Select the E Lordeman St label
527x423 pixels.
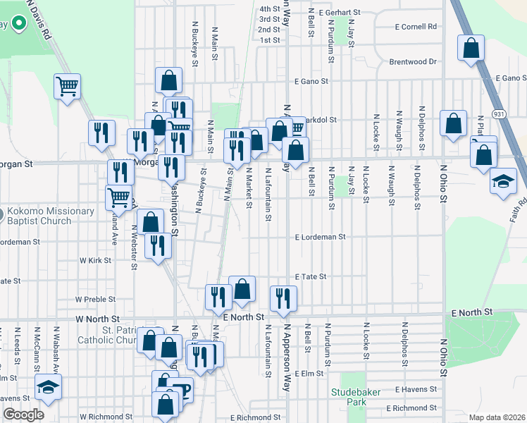pyautogui.click(x=321, y=238)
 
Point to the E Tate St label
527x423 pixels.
pyautogui.click(x=311, y=277)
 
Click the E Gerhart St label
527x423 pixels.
pyautogui.click(x=339, y=13)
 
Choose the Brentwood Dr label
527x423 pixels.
pyautogui.click(x=413, y=62)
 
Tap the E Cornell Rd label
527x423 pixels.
pyautogui.click(x=416, y=27)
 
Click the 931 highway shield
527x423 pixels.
pyautogui.click(x=498, y=114)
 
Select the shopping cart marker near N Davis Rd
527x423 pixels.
pyautogui.click(x=68, y=87)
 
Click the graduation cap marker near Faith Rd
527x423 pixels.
pyautogui.click(x=504, y=181)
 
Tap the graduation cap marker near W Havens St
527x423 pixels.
pyautogui.click(x=49, y=387)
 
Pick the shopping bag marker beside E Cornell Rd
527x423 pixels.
pyautogui.click(x=471, y=49)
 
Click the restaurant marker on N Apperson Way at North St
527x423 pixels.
pyautogui.click(x=283, y=298)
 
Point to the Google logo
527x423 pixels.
pyautogui.click(x=23, y=415)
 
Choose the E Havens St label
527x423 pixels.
pyautogui.click(x=417, y=389)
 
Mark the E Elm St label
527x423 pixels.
pyautogui.click(x=308, y=373)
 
